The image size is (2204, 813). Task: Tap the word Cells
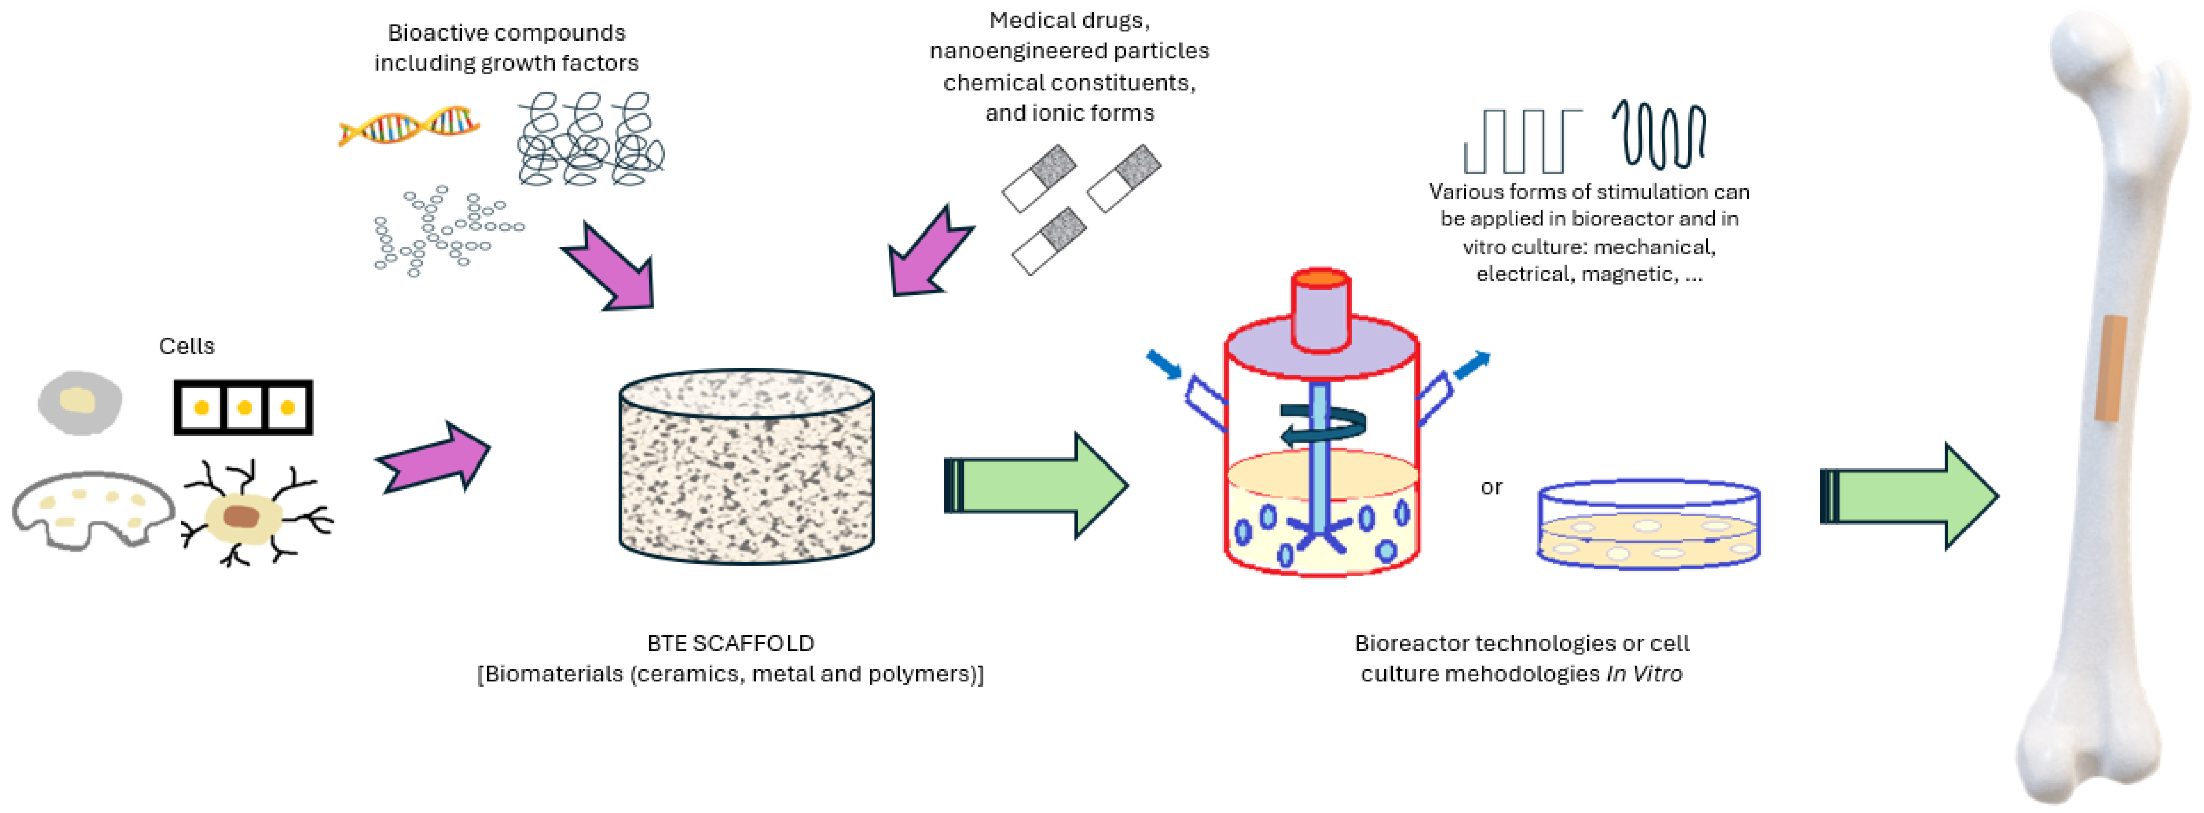click(186, 346)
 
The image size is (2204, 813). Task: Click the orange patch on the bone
click(2109, 368)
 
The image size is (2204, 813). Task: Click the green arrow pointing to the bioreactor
click(1035, 485)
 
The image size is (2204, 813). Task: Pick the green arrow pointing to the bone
click(1908, 496)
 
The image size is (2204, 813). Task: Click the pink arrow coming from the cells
click(434, 458)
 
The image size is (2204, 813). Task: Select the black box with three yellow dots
click(243, 407)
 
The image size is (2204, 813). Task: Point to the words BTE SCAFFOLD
click(730, 643)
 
